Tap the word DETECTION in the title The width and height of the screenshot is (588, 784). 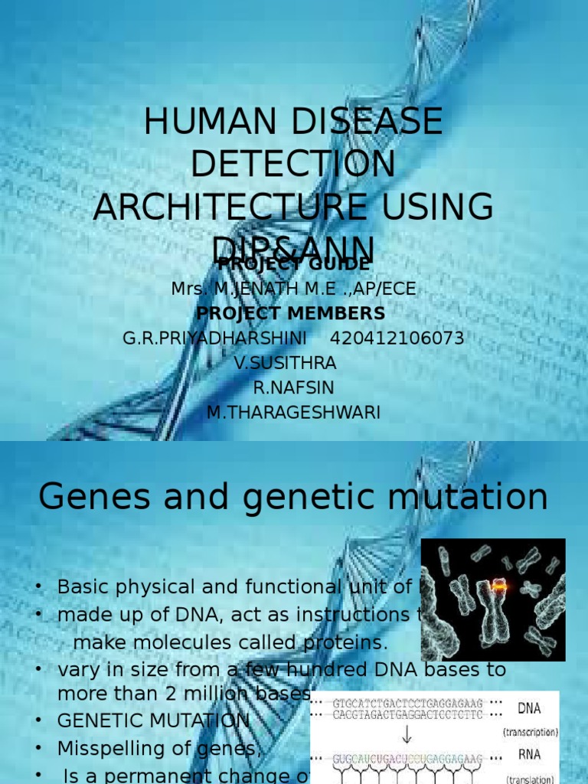click(x=294, y=165)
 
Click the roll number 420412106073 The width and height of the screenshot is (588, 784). click(x=397, y=338)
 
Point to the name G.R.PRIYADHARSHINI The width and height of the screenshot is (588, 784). click(x=215, y=338)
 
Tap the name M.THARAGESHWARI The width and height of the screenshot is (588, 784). click(x=294, y=413)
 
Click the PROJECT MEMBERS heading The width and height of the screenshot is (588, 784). click(x=291, y=313)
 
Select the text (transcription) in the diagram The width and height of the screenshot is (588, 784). click(x=531, y=732)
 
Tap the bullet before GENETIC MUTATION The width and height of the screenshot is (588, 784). click(x=38, y=720)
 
